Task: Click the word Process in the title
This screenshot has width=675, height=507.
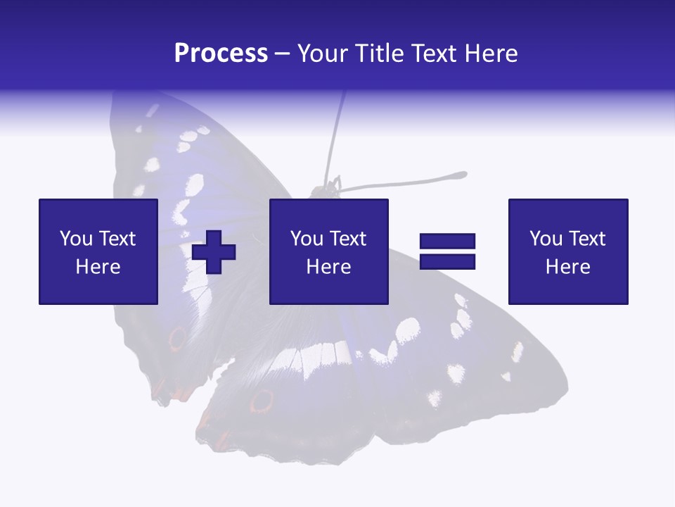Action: point(221,54)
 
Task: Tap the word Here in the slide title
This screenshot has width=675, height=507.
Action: point(491,54)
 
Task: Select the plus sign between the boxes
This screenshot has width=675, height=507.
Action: point(214,252)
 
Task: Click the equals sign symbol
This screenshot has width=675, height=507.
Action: point(447,251)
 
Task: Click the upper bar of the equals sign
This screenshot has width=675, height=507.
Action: point(447,242)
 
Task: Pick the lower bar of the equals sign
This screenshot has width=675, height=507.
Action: point(447,261)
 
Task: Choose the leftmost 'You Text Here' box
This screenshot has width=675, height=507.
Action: point(98,251)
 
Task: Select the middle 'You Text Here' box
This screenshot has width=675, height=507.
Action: point(329,251)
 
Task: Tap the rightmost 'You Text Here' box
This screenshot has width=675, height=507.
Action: point(568,251)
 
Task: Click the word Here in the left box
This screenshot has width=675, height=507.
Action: point(98,267)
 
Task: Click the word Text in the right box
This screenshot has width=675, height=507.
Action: point(588,239)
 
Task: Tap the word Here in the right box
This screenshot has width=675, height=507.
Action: point(568,267)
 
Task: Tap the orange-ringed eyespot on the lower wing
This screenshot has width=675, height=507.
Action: point(262,401)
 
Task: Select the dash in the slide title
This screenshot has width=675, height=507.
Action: point(283,54)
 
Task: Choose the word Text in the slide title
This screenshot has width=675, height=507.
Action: point(434,54)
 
